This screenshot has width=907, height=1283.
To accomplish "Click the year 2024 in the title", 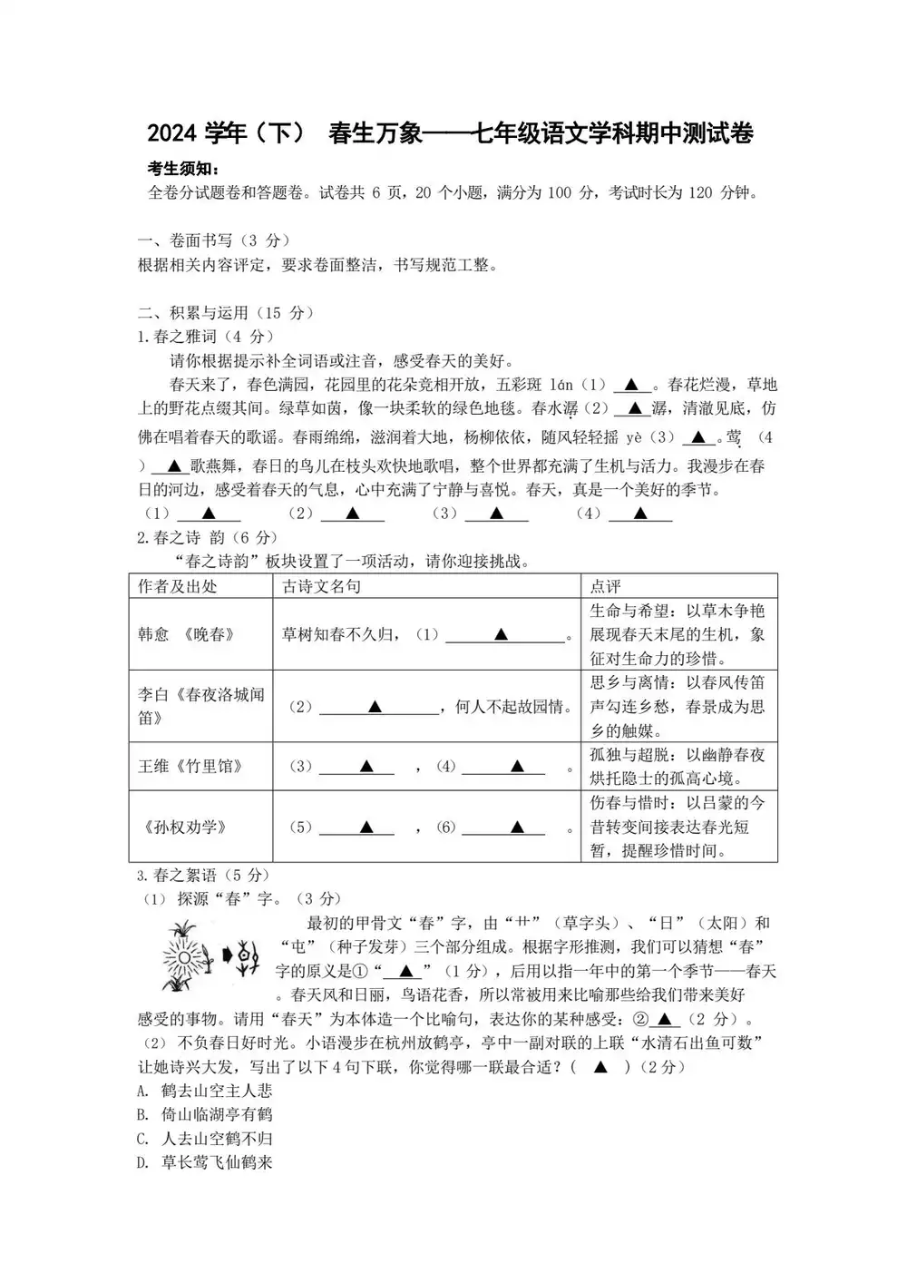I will pyautogui.click(x=172, y=134).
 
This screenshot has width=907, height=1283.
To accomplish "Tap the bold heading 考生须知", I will pyautogui.click(x=183, y=170).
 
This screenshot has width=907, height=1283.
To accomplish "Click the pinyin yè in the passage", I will pyautogui.click(x=634, y=437).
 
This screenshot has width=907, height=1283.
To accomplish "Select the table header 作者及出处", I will pyautogui.click(x=178, y=586).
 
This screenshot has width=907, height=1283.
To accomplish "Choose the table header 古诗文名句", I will pyautogui.click(x=322, y=586).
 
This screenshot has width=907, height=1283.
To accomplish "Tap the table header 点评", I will pyautogui.click(x=606, y=586).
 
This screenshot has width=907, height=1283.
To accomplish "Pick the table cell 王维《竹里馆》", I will pyautogui.click(x=190, y=766).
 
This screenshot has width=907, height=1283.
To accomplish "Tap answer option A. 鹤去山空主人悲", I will pyautogui.click(x=205, y=1090).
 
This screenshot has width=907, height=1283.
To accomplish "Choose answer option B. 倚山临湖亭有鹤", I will pyautogui.click(x=205, y=1113).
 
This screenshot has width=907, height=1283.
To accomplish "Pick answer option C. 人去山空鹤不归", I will pyautogui.click(x=205, y=1138).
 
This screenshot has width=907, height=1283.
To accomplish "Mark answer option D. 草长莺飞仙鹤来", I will pyautogui.click(x=205, y=1161).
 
